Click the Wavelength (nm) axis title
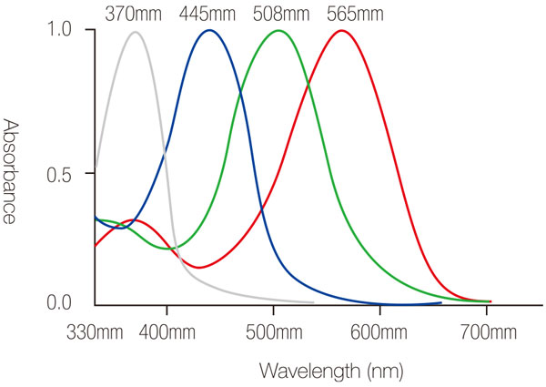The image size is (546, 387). click(330, 371)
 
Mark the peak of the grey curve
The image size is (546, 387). click(136, 32)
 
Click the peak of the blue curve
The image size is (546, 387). click(210, 30)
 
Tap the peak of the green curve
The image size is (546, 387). click(278, 30)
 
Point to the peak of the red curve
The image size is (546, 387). click(341, 30)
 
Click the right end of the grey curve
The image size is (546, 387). click(313, 302)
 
